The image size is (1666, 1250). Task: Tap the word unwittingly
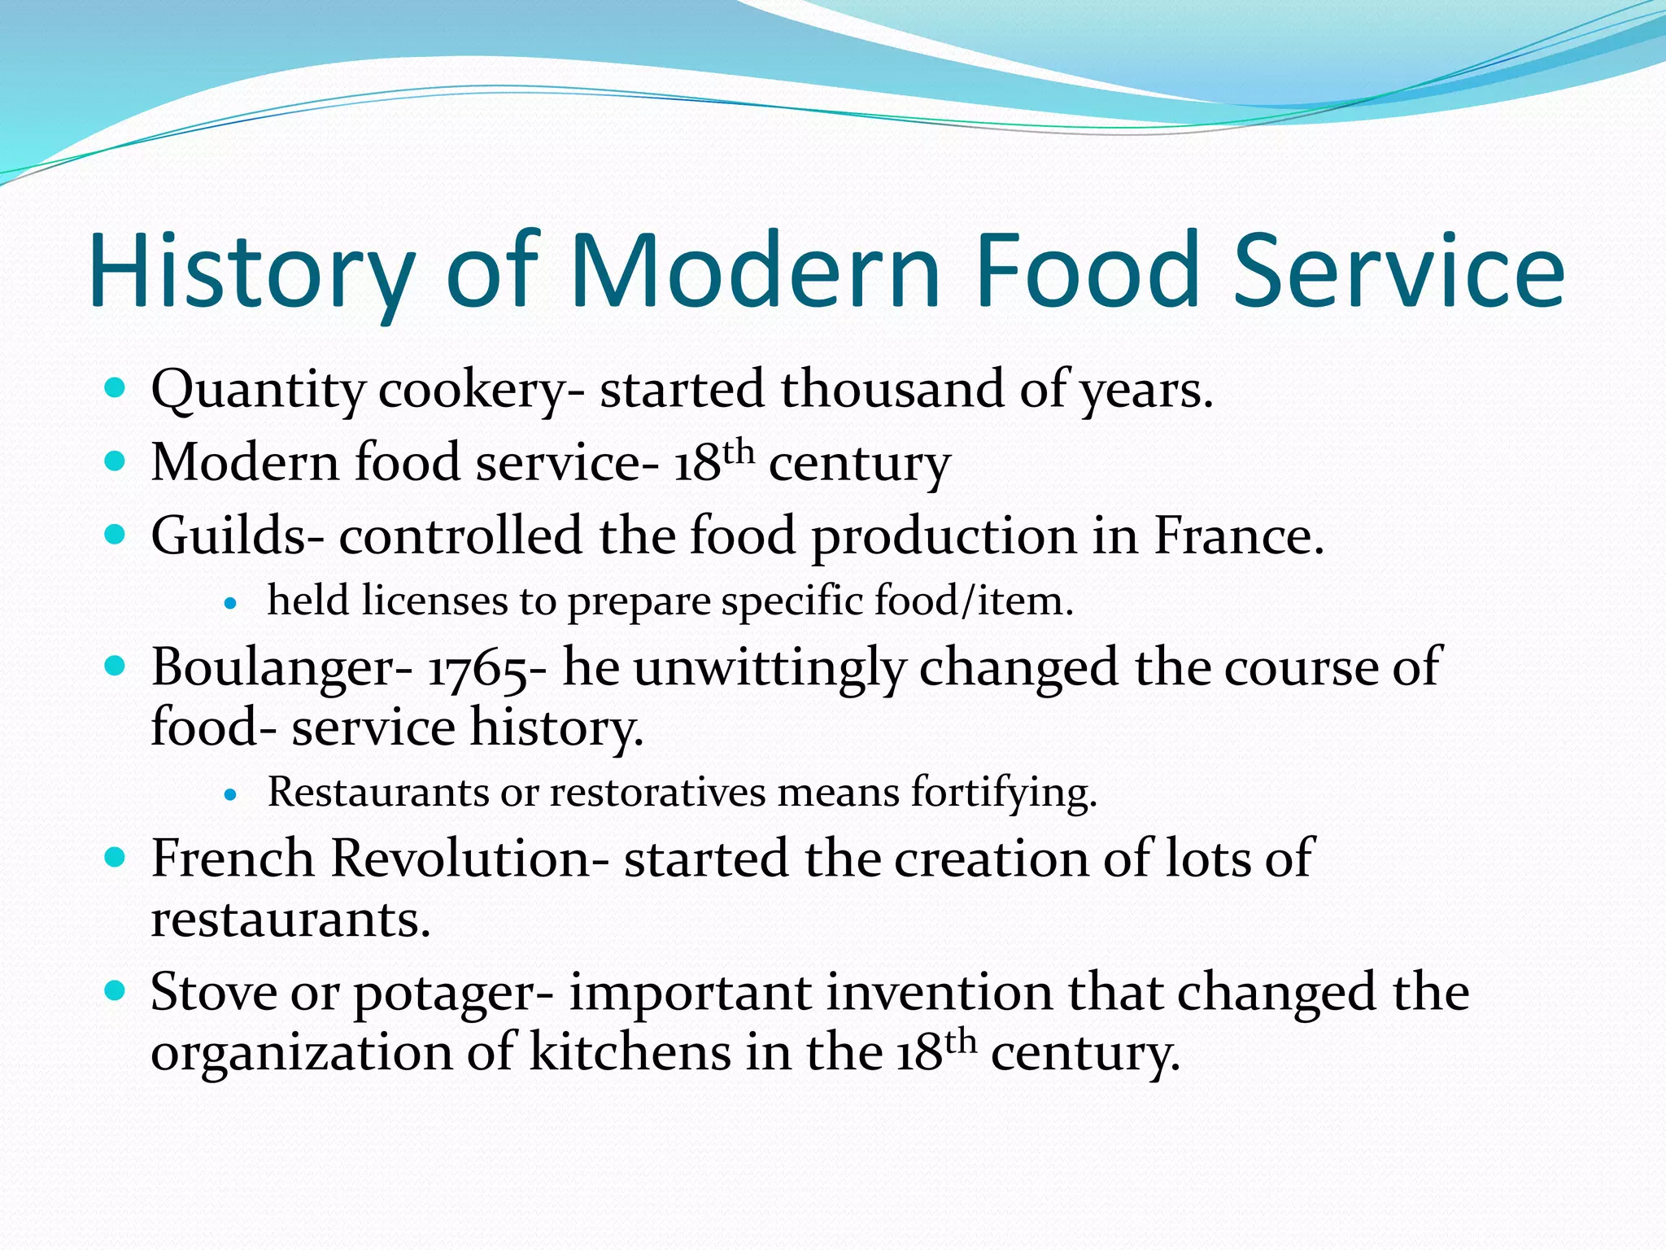(769, 668)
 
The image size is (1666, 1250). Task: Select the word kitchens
(630, 1051)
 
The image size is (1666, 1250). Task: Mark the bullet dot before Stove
(116, 990)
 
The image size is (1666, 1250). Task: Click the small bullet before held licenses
(232, 604)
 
